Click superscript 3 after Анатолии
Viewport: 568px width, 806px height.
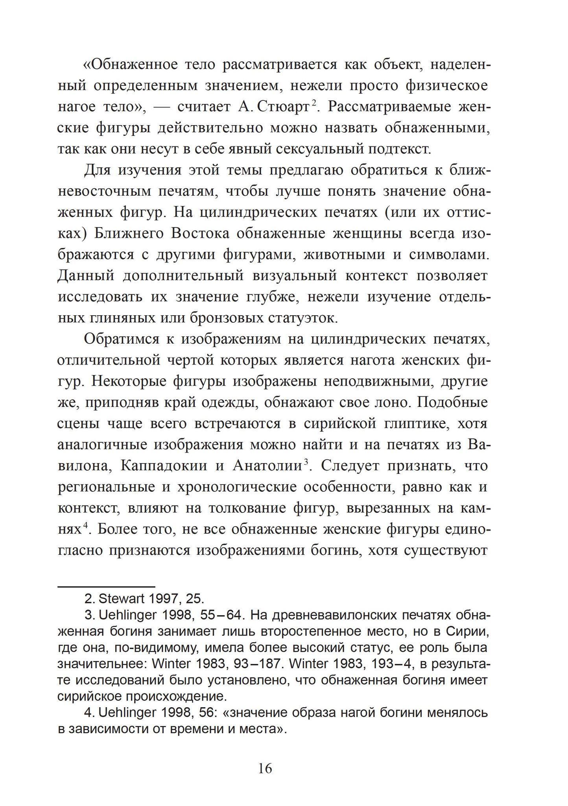pyautogui.click(x=305, y=462)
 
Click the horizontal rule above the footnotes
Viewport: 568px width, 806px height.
pyautogui.click(x=106, y=587)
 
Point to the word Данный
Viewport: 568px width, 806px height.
pyautogui.click(x=86, y=276)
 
